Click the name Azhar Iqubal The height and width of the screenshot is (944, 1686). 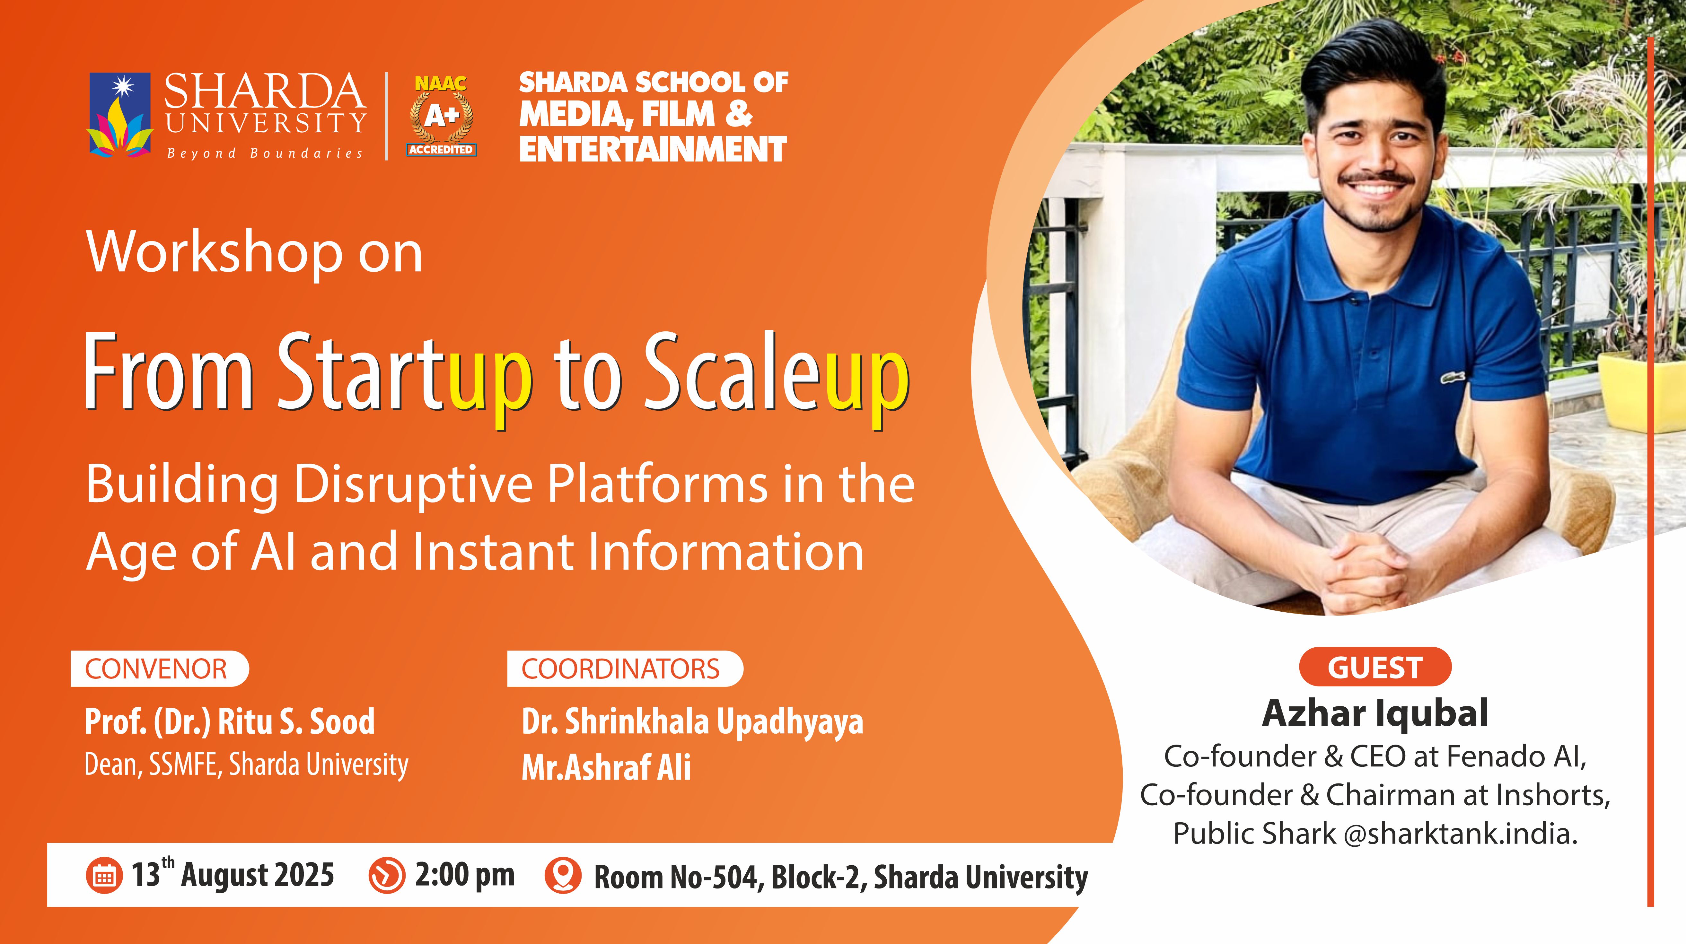pyautogui.click(x=1375, y=713)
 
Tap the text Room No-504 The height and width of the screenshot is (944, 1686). pyautogui.click(x=677, y=877)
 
